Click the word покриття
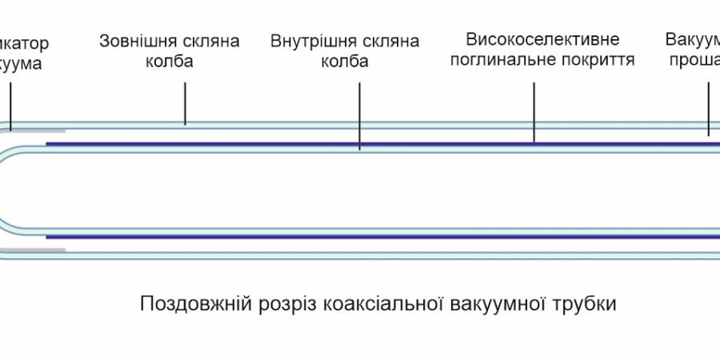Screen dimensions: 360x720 click(596, 60)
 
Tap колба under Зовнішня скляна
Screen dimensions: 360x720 click(169, 62)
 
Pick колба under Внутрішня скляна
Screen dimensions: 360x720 click(344, 62)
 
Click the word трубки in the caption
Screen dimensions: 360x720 click(583, 305)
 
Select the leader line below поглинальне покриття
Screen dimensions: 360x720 click(534, 108)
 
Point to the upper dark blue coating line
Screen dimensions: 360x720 click(360, 144)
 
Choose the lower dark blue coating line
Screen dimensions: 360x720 click(360, 237)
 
